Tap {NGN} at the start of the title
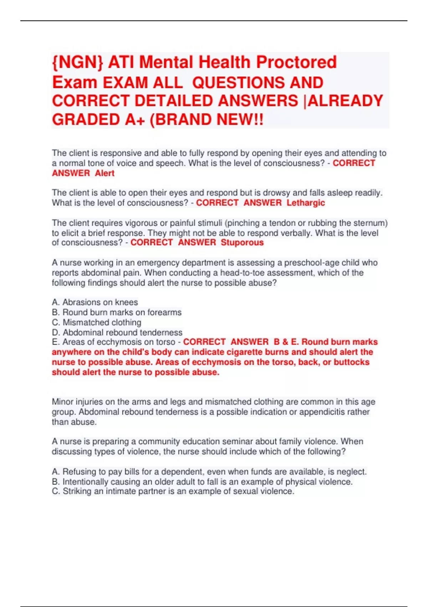click(x=77, y=62)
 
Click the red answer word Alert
click(x=105, y=173)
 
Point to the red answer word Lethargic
click(x=306, y=203)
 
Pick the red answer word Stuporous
click(x=242, y=242)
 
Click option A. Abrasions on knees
click(x=95, y=302)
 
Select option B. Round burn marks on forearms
click(x=117, y=312)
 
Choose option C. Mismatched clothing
click(x=97, y=322)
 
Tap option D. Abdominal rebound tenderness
click(x=117, y=332)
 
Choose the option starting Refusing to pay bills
click(x=209, y=472)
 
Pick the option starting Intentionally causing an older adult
click(x=202, y=482)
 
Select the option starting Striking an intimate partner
click(x=173, y=491)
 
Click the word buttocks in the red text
click(x=351, y=362)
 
